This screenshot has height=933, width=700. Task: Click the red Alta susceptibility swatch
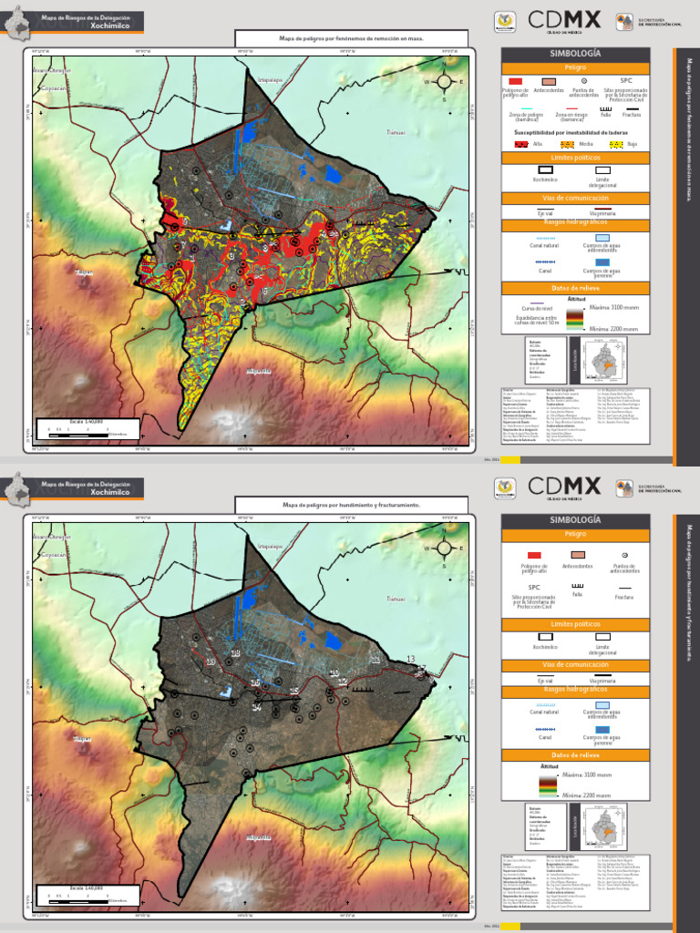tap(521, 144)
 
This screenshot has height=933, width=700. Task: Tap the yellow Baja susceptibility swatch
tap(616, 144)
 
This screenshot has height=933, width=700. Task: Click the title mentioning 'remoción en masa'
tap(352, 39)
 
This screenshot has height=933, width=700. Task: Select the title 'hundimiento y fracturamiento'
tap(352, 504)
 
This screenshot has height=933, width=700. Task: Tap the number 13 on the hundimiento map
tap(411, 659)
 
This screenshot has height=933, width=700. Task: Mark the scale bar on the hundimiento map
tap(87, 897)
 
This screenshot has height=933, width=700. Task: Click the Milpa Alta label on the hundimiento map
tap(259, 836)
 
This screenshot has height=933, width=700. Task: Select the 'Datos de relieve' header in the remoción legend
tap(574, 288)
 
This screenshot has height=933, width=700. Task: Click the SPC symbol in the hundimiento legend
tap(521, 588)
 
